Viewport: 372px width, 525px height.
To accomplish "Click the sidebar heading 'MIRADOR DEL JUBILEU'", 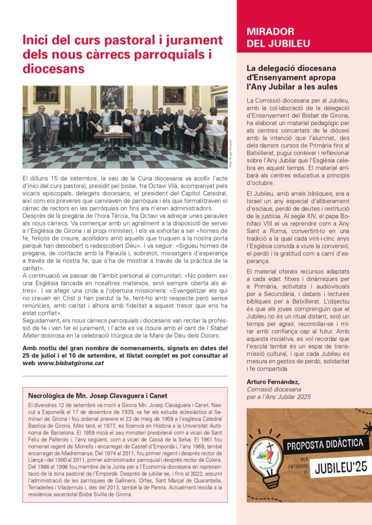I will (x=270, y=37).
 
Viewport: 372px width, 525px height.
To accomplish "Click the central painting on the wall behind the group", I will (x=112, y=96).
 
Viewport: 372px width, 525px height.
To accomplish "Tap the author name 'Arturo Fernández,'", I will (x=273, y=381).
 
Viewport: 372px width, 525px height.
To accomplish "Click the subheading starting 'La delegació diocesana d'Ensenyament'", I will (x=291, y=77).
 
